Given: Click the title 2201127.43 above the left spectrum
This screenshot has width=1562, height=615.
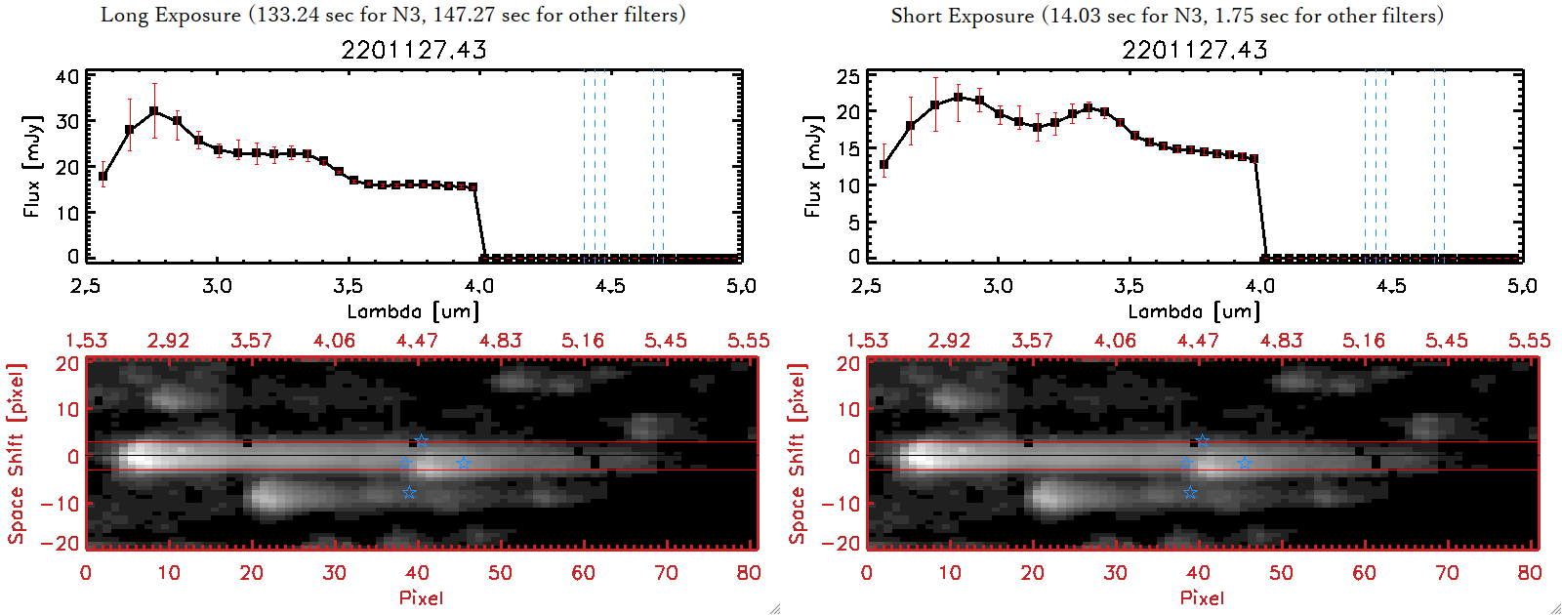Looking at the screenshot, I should pyautogui.click(x=413, y=50).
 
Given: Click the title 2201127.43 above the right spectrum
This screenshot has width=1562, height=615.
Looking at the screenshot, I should pyautogui.click(x=1194, y=50).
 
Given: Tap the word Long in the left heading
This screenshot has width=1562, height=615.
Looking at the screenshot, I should pyautogui.click(x=123, y=15).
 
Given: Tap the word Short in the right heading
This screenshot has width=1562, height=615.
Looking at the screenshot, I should pyautogui.click(x=917, y=16).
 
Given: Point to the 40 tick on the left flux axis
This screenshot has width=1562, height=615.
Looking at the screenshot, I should pyautogui.click(x=67, y=76).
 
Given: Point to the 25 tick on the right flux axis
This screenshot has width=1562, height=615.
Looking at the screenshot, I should pyautogui.click(x=848, y=76).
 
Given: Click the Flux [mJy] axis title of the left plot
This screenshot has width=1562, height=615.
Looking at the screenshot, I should pyautogui.click(x=32, y=166).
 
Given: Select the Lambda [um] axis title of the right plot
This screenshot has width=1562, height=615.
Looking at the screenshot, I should pyautogui.click(x=1194, y=311).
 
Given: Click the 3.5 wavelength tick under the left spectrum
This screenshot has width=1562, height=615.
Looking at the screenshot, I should pyautogui.click(x=348, y=286).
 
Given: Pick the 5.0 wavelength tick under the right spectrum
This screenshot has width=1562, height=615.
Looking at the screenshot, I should pyautogui.click(x=1522, y=286).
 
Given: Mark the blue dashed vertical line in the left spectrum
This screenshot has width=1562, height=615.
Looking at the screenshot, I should pyautogui.click(x=585, y=166).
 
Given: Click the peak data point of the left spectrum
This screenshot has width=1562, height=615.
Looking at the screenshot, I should pyautogui.click(x=154, y=111).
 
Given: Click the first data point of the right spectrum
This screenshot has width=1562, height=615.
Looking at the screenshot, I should pyautogui.click(x=884, y=165).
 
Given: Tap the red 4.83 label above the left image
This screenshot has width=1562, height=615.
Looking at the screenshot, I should pyautogui.click(x=501, y=341).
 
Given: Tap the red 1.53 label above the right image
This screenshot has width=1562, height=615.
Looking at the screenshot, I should pyautogui.click(x=867, y=341).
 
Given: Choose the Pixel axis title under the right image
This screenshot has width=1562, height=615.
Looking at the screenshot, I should pyautogui.click(x=1202, y=597).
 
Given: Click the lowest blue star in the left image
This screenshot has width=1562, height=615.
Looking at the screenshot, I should pyautogui.click(x=409, y=492).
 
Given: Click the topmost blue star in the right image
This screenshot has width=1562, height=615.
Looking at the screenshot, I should pyautogui.click(x=1203, y=441).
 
